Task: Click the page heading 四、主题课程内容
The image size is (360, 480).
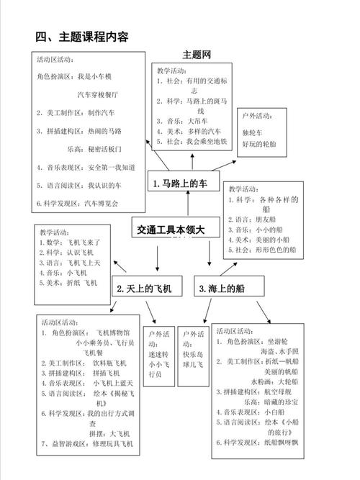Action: point(81,37)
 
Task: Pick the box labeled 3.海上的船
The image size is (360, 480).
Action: point(222,289)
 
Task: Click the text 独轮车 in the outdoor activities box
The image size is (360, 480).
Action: point(253,133)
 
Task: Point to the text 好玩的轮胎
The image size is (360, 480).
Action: point(258,144)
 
